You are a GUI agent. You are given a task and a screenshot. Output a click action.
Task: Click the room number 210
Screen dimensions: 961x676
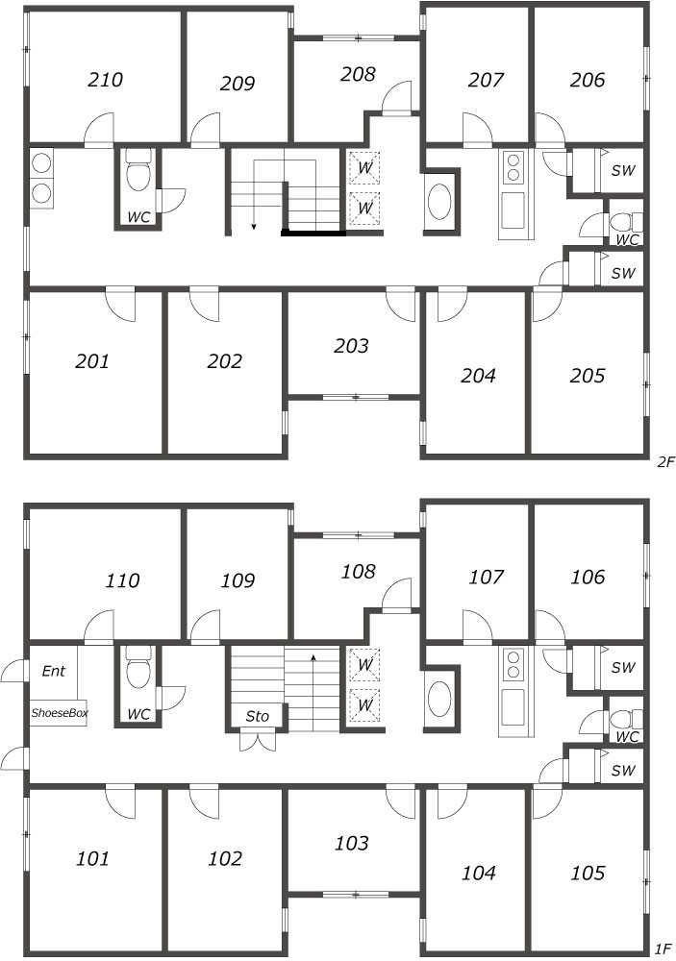coord(105,80)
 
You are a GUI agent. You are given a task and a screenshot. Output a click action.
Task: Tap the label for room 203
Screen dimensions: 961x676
coord(351,346)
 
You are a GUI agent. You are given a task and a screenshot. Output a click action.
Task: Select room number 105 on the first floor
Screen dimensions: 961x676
coord(587,873)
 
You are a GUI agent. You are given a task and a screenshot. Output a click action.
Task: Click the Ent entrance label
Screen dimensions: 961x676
coord(54,671)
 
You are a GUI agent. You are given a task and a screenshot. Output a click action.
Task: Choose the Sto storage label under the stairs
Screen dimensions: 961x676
coord(257,716)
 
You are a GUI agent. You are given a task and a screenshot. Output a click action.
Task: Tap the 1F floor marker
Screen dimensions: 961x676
coord(662,949)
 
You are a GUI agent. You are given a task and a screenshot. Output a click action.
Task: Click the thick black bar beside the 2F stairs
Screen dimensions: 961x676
coord(313,233)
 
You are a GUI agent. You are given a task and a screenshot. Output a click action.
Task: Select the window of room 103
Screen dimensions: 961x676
coord(355,894)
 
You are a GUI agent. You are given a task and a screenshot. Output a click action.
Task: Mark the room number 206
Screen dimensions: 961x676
coord(587,80)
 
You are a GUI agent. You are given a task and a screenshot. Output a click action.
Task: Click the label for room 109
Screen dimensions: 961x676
coord(238,580)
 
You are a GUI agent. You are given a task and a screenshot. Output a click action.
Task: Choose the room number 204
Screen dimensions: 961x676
coord(478,375)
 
